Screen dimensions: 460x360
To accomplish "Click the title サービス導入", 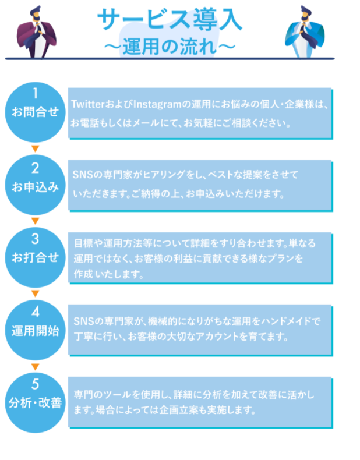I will [170, 19].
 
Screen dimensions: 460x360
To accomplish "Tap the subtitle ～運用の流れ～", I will [170, 45].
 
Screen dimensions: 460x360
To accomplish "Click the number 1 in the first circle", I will [36, 93].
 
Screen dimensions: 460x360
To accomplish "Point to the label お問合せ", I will [36, 112].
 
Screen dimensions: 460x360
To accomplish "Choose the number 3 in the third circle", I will [36, 239].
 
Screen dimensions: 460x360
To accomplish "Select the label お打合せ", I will [36, 258].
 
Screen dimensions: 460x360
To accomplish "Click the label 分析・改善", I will [36, 402].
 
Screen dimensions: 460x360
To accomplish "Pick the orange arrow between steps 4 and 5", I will [35, 366].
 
